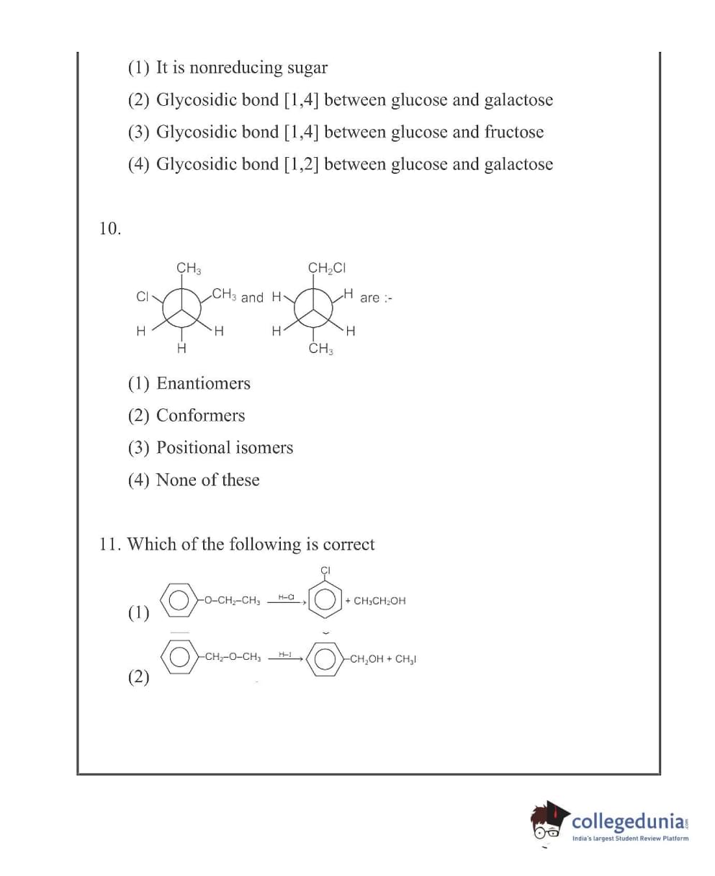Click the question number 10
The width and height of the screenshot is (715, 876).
tap(109, 229)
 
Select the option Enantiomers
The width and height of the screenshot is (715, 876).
tap(203, 383)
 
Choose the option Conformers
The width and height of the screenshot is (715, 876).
tap(200, 416)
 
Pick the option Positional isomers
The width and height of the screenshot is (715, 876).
tap(225, 447)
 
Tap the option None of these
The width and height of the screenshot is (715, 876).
tap(207, 480)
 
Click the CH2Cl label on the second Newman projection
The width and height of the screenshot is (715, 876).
tap(327, 268)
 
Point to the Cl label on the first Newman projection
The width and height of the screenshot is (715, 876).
tap(142, 296)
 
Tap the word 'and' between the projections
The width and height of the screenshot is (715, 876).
tap(252, 298)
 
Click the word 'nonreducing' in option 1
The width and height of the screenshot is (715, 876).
tap(235, 68)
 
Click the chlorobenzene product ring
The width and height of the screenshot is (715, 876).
tap(325, 599)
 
